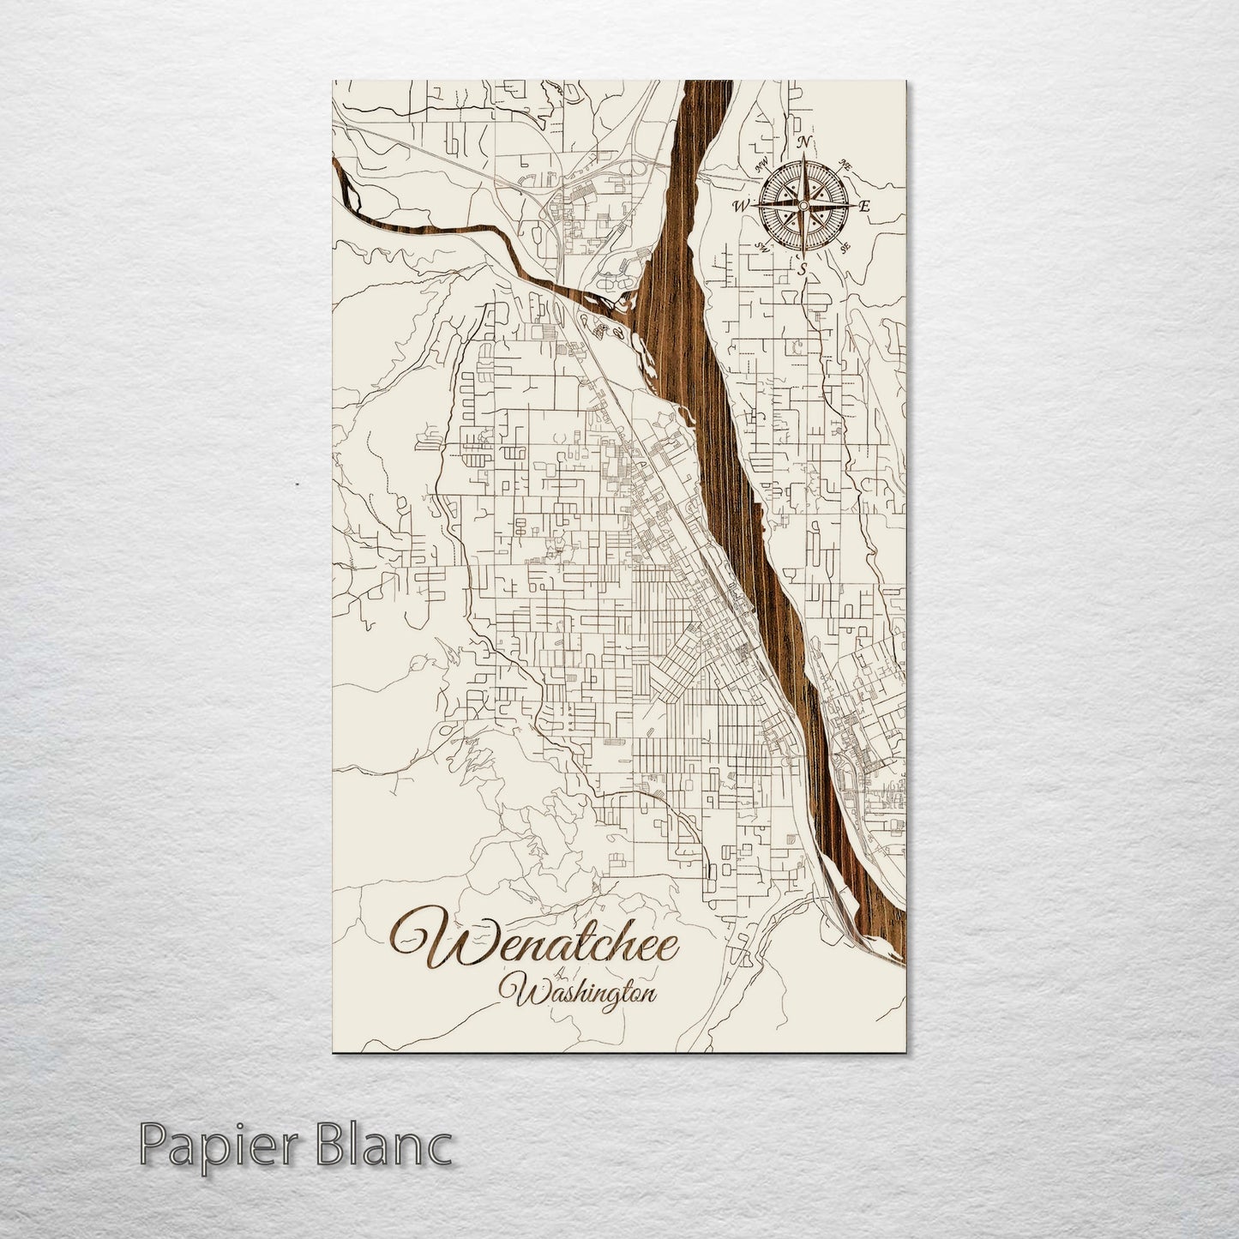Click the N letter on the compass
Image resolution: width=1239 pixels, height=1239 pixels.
804,142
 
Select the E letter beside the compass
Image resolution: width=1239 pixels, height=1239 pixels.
864,207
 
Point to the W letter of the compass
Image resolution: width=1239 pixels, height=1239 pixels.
741,206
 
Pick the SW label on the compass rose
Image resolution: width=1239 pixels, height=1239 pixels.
762,247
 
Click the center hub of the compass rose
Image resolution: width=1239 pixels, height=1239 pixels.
803,205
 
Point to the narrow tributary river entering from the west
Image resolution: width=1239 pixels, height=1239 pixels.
412,232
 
